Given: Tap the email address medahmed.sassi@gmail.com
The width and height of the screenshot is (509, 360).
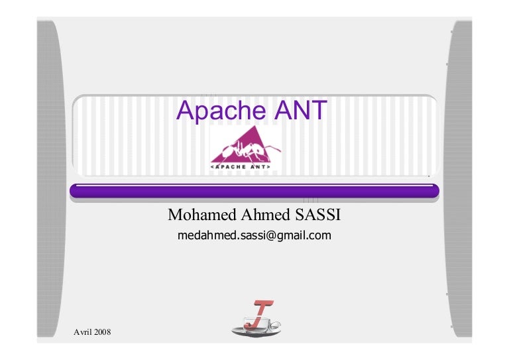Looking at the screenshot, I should [254, 235].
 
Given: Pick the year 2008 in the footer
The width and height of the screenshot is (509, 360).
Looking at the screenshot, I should [101, 331].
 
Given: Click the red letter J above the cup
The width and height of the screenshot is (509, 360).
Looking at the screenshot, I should [261, 311].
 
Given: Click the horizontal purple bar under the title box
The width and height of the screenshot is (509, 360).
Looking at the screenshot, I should [254, 192].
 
